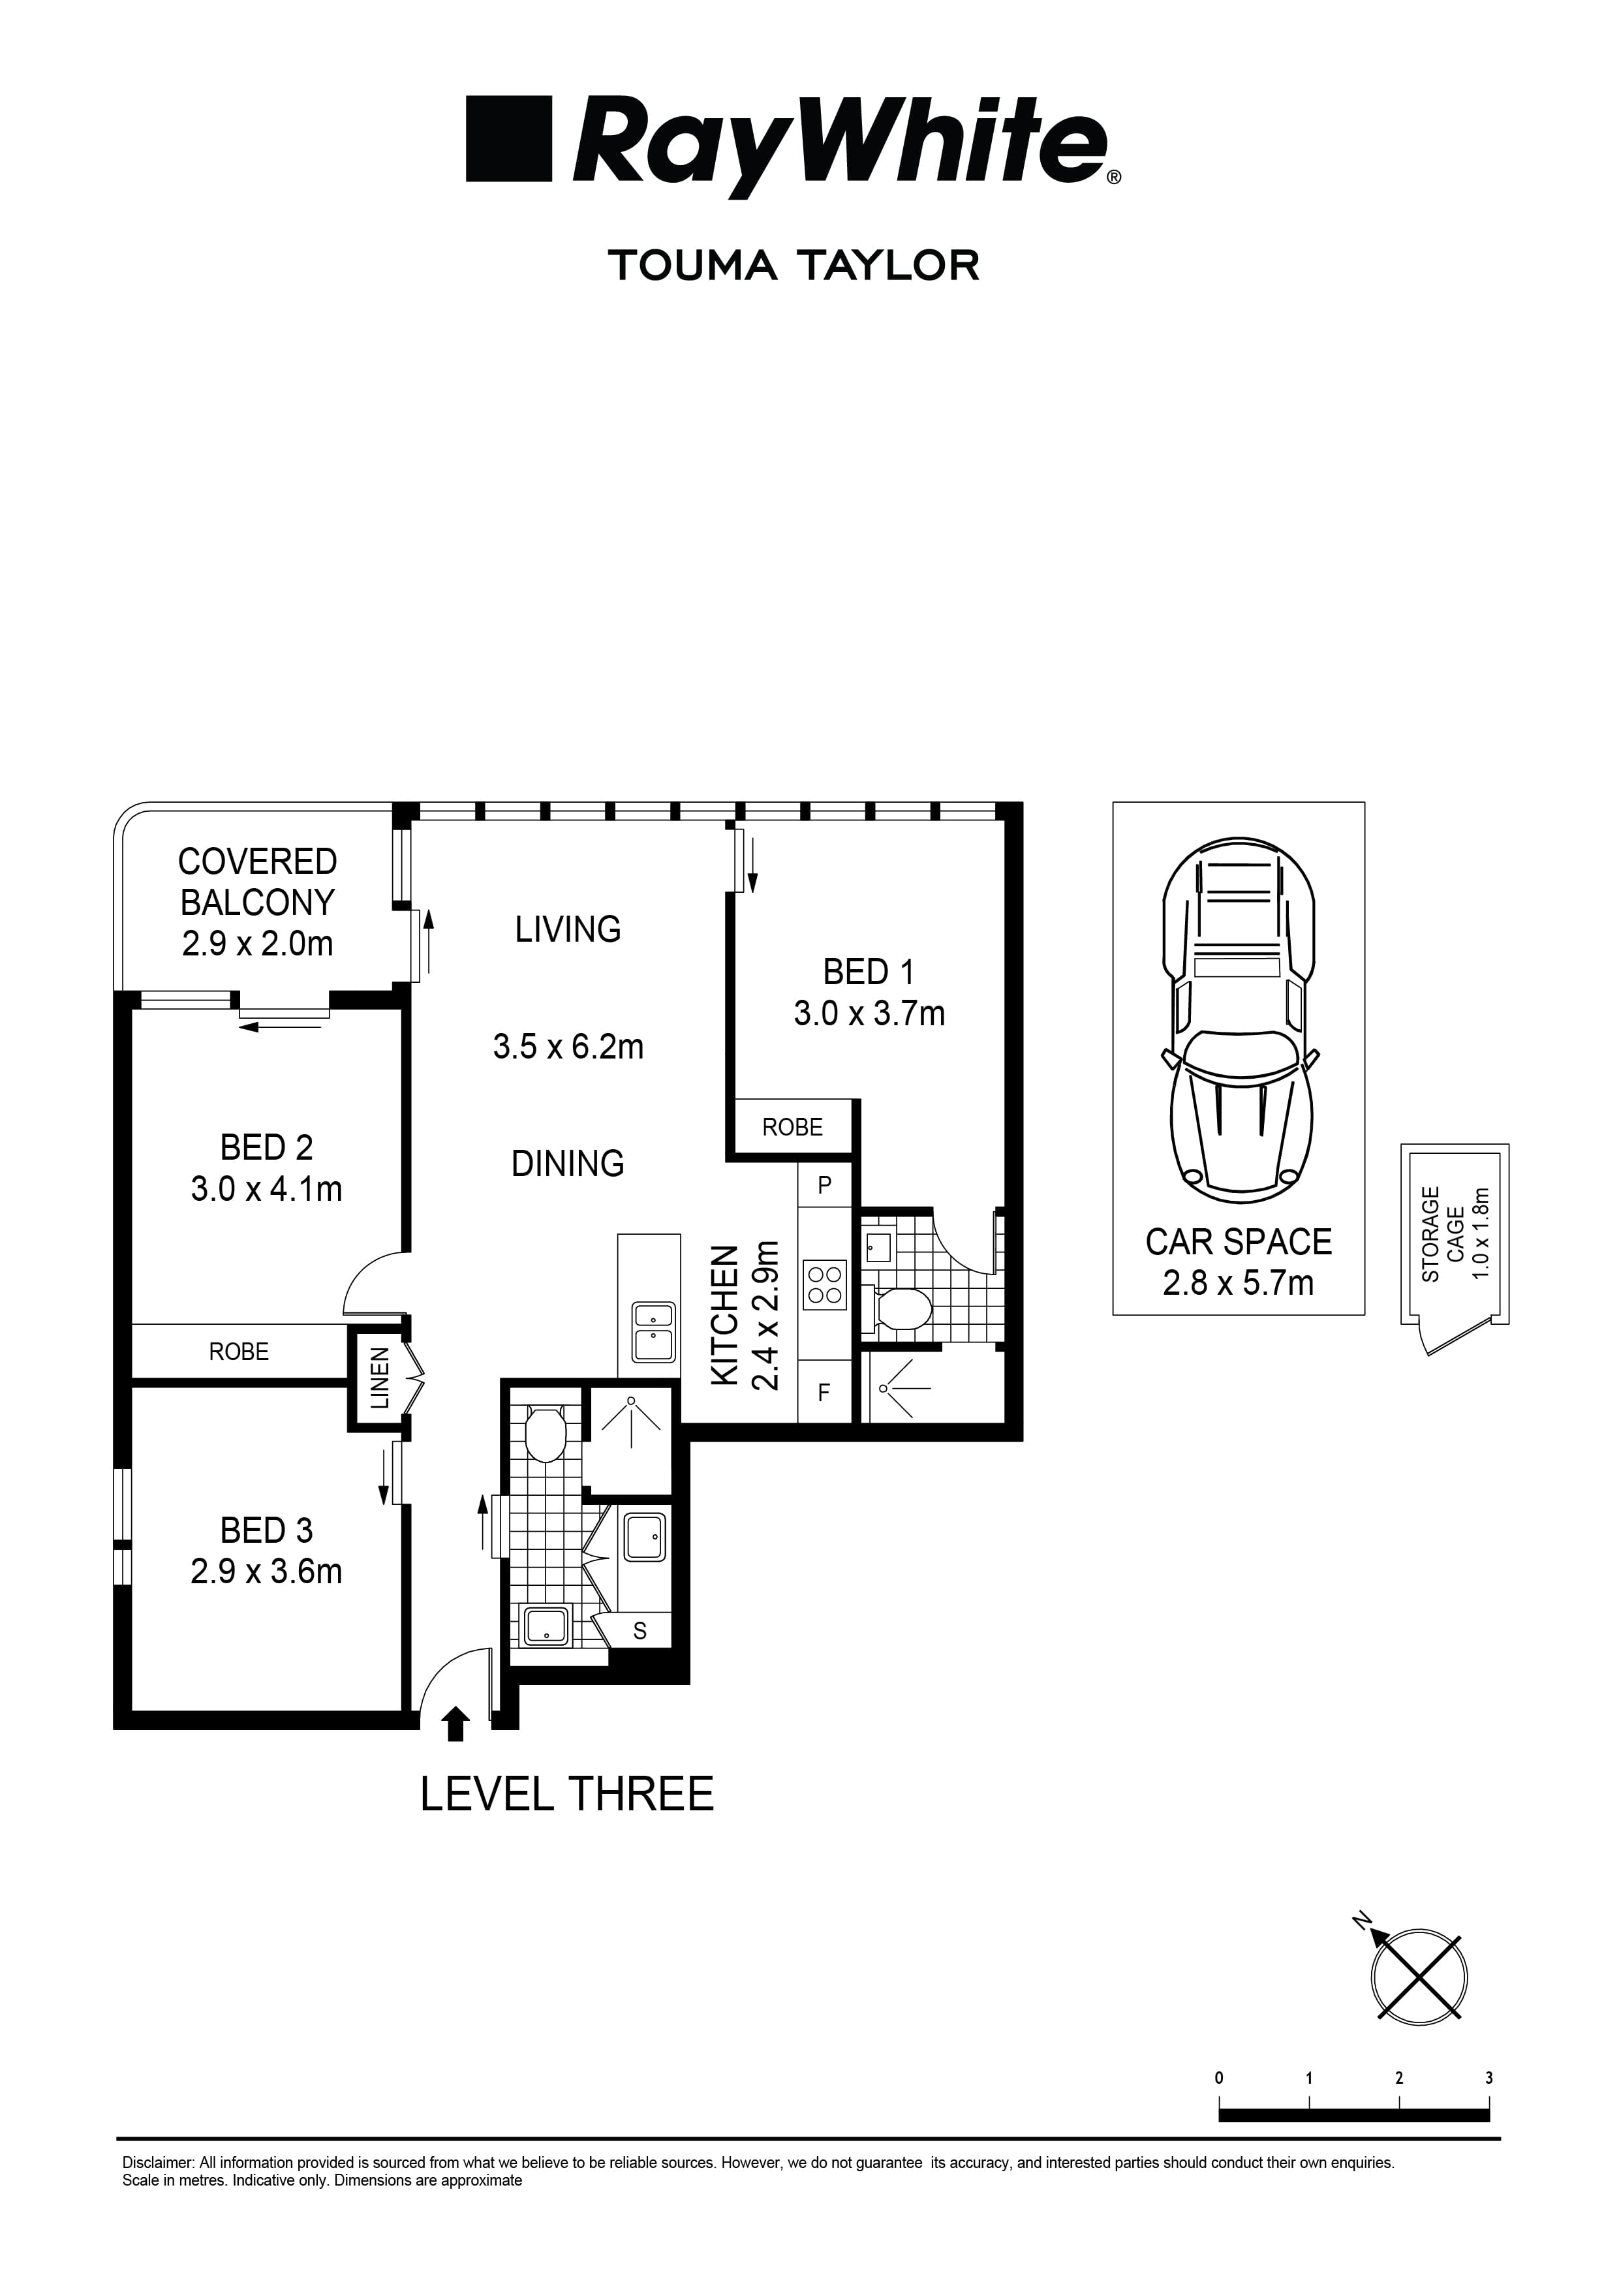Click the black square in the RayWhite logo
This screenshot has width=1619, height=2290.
point(509,138)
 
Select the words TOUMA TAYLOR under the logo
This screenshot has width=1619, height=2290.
point(794,266)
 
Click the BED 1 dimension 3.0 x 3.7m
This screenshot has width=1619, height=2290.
point(869,1014)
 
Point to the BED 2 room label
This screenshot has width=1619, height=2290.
point(266,1148)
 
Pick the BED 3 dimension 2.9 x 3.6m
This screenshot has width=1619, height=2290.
point(266,1572)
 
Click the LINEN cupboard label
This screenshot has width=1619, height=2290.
point(380,1378)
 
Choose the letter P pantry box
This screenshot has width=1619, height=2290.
point(825,1185)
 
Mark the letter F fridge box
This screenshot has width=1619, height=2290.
point(824,1393)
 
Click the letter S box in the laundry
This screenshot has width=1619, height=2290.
point(640,1631)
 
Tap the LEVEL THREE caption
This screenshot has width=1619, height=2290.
point(566,1794)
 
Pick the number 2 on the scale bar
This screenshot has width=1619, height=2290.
point(1398,2077)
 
